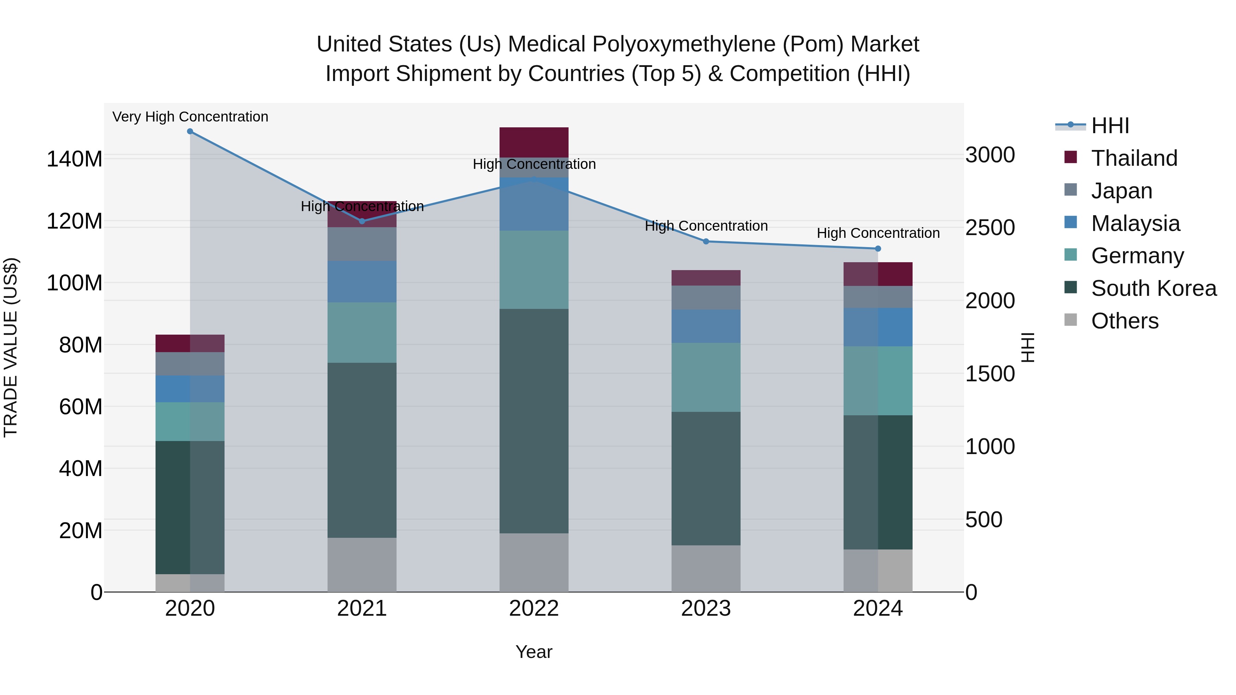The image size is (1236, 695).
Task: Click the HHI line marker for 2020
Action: tap(190, 131)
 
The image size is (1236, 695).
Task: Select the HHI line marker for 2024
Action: tap(878, 248)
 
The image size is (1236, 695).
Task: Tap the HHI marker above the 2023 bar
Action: tap(706, 241)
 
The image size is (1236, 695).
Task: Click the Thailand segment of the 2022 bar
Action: tap(534, 142)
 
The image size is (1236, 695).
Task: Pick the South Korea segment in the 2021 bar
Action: tap(362, 450)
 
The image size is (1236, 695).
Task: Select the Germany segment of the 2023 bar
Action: tap(706, 377)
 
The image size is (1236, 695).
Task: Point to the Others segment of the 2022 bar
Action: tap(534, 562)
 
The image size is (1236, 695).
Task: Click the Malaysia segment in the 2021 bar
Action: tap(362, 281)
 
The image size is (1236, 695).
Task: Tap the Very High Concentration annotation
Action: tap(190, 117)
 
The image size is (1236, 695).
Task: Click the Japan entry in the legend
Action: tap(1121, 191)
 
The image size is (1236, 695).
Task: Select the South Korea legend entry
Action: tap(1154, 288)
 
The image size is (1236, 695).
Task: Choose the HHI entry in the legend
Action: tap(1110, 126)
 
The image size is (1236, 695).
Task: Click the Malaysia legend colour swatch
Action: tap(1071, 222)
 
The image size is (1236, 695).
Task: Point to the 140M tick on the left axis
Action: tap(75, 159)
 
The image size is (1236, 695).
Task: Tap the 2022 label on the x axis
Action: tap(534, 609)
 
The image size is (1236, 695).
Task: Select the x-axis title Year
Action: tap(534, 652)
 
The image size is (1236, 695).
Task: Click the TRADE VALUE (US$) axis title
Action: tap(11, 347)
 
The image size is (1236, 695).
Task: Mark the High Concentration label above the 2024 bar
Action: tap(878, 233)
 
